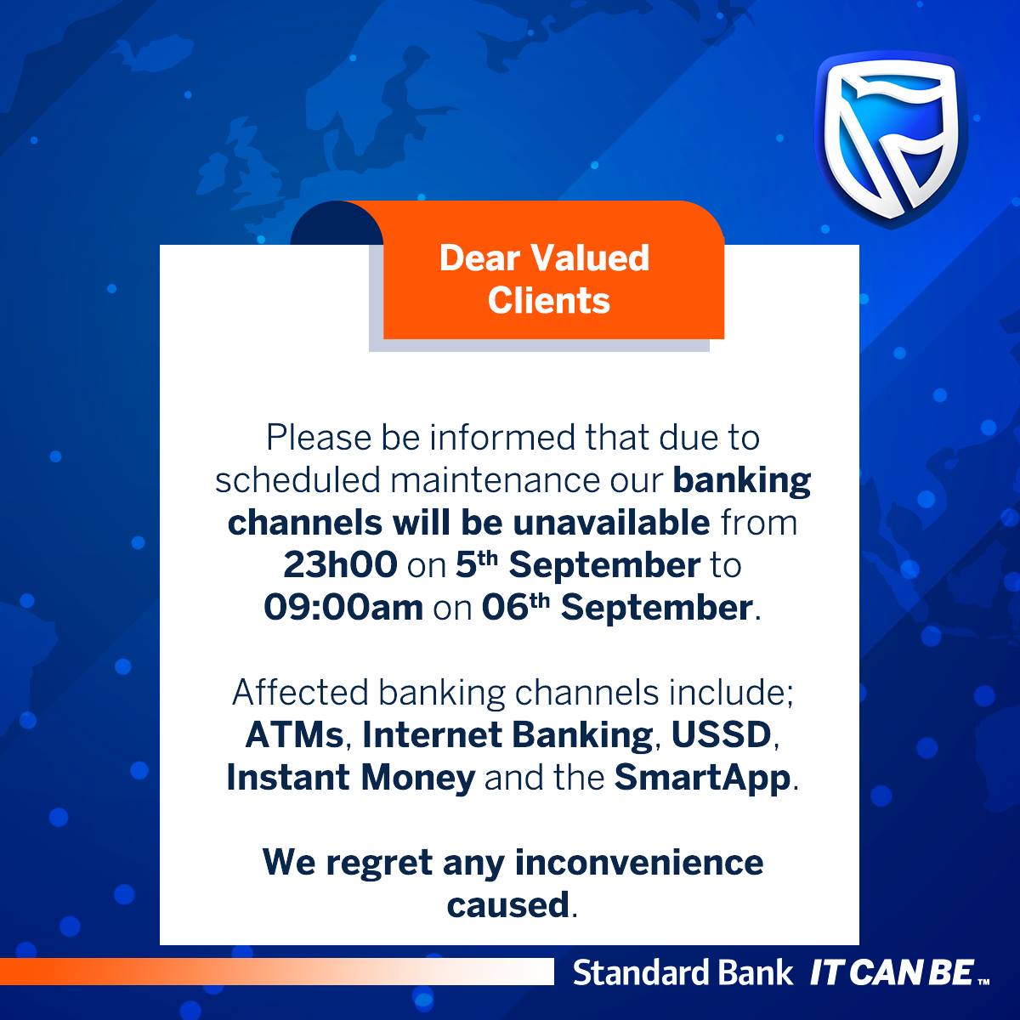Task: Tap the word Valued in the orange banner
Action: tap(590, 258)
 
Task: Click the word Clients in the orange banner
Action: tap(549, 301)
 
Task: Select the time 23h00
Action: tap(340, 564)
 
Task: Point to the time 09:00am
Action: tap(343, 607)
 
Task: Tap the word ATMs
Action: tap(295, 734)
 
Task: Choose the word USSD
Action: tap(721, 734)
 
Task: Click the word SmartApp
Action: tap(702, 778)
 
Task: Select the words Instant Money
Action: tap(350, 778)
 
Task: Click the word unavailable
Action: tap(611, 523)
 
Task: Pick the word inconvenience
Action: tap(639, 862)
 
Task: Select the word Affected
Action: tap(300, 692)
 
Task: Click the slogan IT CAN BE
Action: tap(892, 973)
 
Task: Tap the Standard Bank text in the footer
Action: tap(683, 973)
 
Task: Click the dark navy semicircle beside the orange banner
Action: tap(336, 223)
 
